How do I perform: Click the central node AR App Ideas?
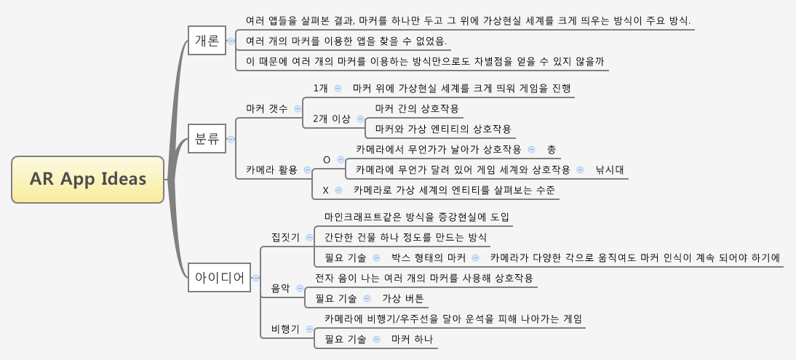87,180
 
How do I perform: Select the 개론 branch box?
207,41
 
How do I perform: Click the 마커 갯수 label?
267,108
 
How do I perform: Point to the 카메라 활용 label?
271,170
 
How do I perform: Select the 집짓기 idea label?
285,237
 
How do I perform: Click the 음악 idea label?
280,289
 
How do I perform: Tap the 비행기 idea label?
285,329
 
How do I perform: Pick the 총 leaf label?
552,149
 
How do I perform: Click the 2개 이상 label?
331,119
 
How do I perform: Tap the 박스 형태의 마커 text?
429,257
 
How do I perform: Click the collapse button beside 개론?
231,41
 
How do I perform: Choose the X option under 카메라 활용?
326,190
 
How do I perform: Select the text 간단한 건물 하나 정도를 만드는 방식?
405,237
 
